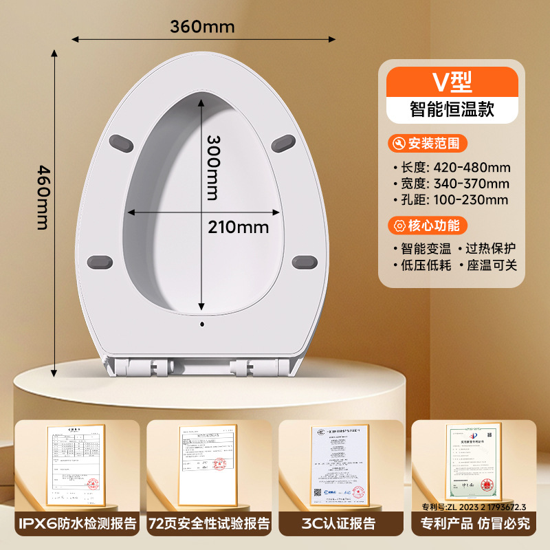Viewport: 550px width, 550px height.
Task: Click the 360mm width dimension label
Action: click(x=203, y=27)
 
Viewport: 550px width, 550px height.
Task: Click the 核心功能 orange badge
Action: click(x=428, y=225)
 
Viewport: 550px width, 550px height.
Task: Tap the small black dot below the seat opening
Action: click(x=203, y=322)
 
